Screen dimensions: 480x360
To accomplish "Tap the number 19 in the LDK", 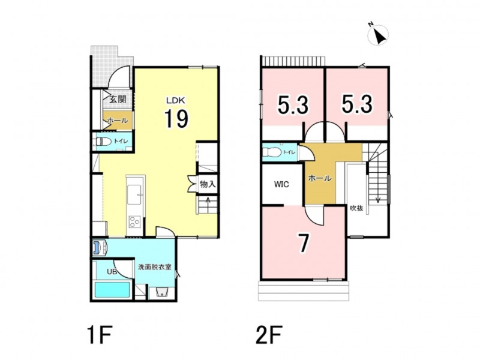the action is click(x=176, y=118).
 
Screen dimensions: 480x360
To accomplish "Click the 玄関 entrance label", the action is click(x=118, y=99).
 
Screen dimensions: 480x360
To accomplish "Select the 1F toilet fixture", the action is click(x=103, y=142).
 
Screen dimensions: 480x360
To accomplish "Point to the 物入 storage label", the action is click(x=208, y=184).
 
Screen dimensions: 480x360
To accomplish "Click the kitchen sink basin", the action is click(x=134, y=194).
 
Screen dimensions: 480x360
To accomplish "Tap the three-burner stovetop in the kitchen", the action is click(x=134, y=221).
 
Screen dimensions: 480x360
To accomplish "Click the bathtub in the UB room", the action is click(x=112, y=290).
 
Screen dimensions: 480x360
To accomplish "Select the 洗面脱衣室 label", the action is click(x=155, y=267).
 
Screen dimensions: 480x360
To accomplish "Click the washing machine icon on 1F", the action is click(x=100, y=247).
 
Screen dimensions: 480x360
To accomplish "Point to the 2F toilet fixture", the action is click(x=271, y=152).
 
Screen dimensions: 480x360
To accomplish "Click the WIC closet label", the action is click(x=281, y=185).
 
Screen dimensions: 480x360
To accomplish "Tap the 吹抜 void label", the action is click(x=356, y=208).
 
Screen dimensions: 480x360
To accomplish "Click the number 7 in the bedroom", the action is click(x=303, y=243).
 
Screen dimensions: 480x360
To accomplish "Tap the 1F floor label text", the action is click(x=100, y=335).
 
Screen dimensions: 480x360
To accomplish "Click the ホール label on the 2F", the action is click(x=320, y=178).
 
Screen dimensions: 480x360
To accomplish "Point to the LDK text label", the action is click(x=176, y=100).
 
